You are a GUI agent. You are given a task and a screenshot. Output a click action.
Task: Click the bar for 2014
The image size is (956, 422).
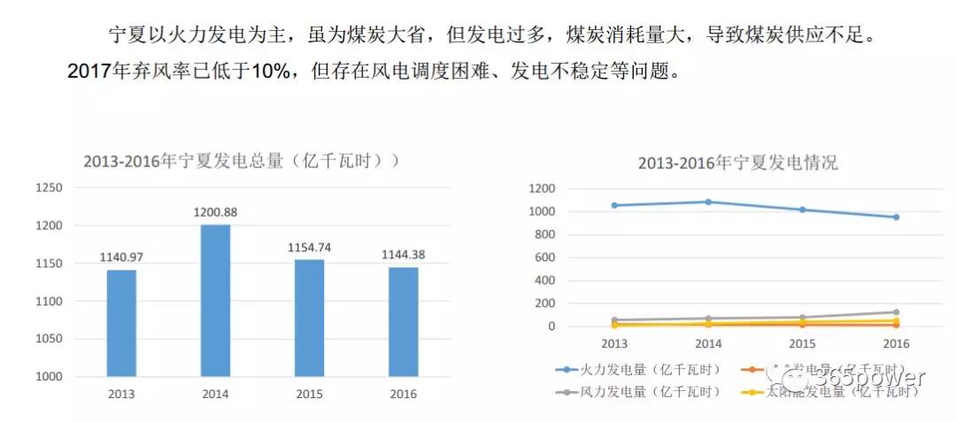tap(215, 300)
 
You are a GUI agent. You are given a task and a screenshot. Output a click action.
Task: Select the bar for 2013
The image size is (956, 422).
tap(121, 323)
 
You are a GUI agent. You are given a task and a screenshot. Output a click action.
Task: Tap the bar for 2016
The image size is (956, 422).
tap(403, 322)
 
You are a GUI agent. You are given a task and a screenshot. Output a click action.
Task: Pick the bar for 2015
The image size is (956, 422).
tap(309, 318)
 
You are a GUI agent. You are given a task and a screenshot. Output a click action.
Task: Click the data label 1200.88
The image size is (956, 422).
tap(215, 212)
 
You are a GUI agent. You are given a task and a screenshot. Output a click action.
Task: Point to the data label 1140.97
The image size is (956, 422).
tap(121, 257)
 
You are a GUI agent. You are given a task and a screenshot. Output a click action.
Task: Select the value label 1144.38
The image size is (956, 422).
tap(403, 255)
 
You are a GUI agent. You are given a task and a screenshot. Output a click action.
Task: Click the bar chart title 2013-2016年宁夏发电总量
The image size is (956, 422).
tap(239, 161)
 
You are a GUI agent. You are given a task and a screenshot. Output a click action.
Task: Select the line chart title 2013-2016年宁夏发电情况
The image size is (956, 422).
tap(737, 163)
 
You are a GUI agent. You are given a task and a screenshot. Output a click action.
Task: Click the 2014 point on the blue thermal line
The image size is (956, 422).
tap(707, 202)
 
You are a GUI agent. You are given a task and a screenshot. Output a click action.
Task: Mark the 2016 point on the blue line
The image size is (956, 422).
tap(896, 217)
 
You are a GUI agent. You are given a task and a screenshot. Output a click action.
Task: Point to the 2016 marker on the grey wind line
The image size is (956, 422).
tap(896, 312)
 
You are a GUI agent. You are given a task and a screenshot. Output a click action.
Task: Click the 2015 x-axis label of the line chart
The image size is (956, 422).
tap(801, 343)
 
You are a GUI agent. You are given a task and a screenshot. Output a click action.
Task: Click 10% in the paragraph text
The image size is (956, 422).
tap(272, 72)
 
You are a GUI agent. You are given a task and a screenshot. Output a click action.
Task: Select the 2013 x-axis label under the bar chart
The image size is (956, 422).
tap(121, 395)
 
